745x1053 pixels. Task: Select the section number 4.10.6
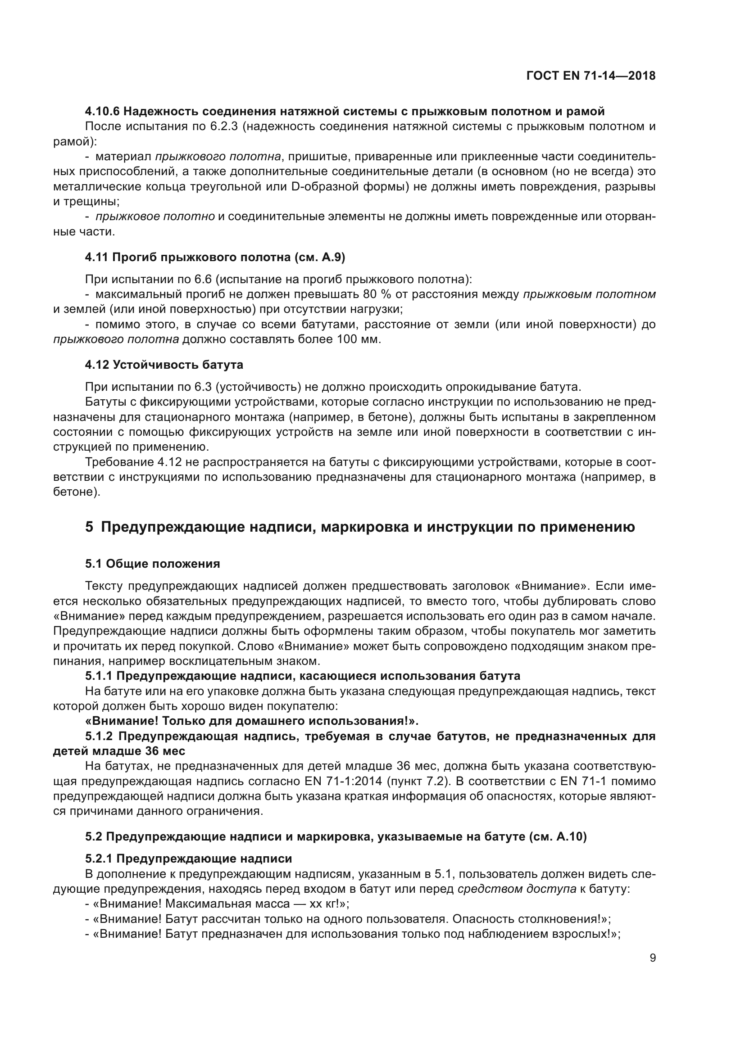[x=102, y=112]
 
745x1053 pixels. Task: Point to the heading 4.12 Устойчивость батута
[x=164, y=365]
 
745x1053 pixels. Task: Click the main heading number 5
[x=89, y=527]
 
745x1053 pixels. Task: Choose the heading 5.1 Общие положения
[x=152, y=564]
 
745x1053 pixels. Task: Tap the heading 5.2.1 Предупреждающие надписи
[x=188, y=859]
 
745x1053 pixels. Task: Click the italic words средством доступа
[x=517, y=889]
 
